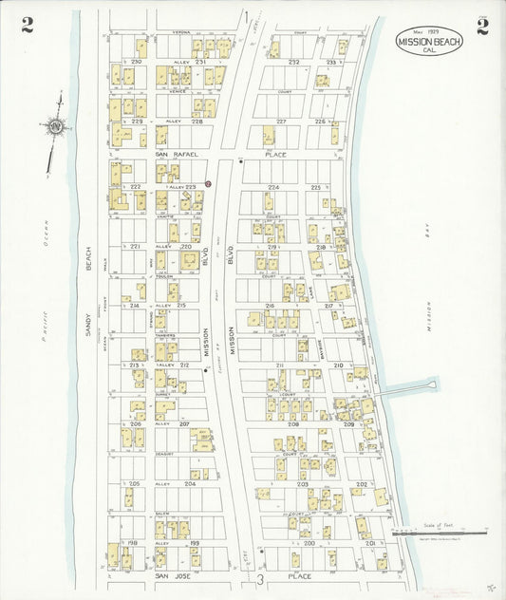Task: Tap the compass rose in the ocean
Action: point(57,125)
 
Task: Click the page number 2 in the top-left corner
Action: point(28,26)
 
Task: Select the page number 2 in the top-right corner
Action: point(482,26)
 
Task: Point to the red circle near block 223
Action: point(208,184)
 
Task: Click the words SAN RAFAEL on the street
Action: point(176,153)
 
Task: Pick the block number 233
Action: point(331,62)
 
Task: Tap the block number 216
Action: point(270,306)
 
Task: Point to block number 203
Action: point(302,484)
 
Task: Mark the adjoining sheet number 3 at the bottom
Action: point(259,578)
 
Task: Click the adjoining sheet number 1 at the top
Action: point(244,16)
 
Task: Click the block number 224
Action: point(273,188)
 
